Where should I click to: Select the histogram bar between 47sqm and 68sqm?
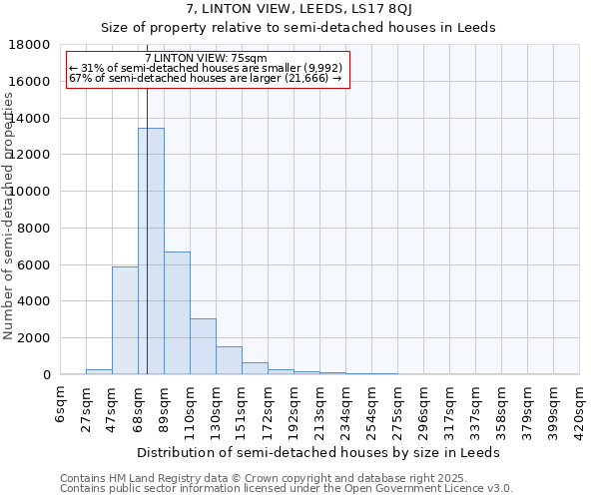coord(125,320)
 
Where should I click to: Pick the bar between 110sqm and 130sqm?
coord(203,346)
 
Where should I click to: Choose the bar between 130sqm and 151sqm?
coord(229,360)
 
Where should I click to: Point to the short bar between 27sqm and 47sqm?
coord(99,371)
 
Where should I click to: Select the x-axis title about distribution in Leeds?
coord(319,452)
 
